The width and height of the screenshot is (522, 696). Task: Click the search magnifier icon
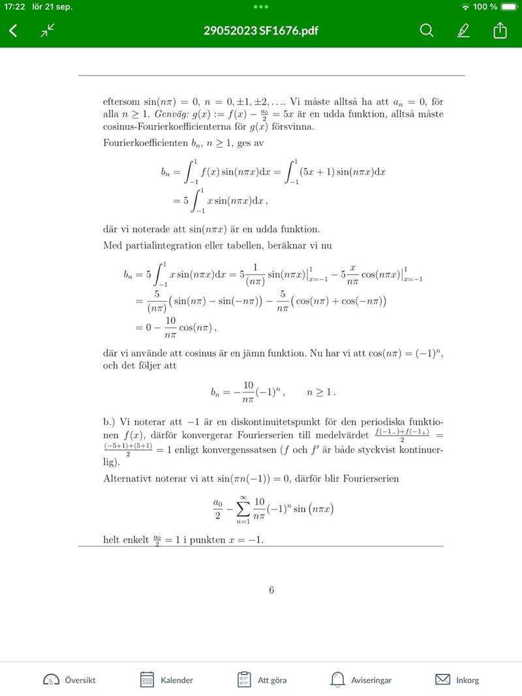[x=426, y=31]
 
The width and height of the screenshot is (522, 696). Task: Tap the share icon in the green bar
[x=500, y=31]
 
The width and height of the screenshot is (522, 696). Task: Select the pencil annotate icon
[x=463, y=31]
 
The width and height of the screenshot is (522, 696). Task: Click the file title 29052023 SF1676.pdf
[x=261, y=31]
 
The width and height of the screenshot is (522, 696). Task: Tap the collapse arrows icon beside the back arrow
[x=48, y=31]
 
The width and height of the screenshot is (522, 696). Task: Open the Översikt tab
[x=69, y=680]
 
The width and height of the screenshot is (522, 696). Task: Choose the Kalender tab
[x=167, y=680]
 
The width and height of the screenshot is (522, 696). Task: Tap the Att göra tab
[x=262, y=680]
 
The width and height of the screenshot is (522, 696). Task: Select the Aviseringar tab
[x=361, y=680]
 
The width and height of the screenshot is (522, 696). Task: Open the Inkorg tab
[x=457, y=680]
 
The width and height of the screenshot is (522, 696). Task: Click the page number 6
[x=271, y=591]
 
